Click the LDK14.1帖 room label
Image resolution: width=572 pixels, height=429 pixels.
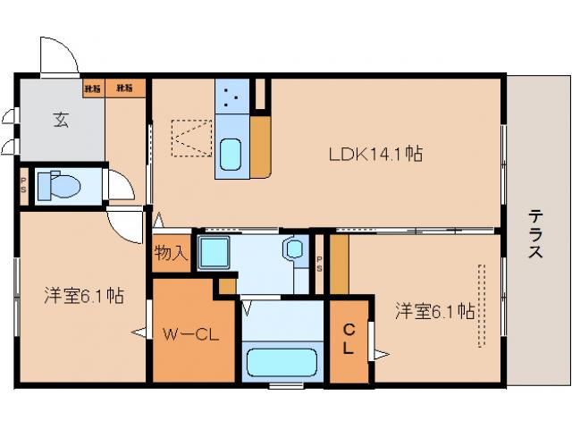click(374, 154)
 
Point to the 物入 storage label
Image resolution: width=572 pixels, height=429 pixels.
click(171, 253)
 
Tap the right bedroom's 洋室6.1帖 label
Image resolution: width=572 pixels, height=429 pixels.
click(434, 311)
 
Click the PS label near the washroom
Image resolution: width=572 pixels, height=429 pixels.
click(320, 261)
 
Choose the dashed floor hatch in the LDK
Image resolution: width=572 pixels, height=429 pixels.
click(190, 138)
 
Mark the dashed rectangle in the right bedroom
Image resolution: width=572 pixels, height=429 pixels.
click(482, 305)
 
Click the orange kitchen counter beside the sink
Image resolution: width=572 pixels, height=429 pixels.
click(260, 146)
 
